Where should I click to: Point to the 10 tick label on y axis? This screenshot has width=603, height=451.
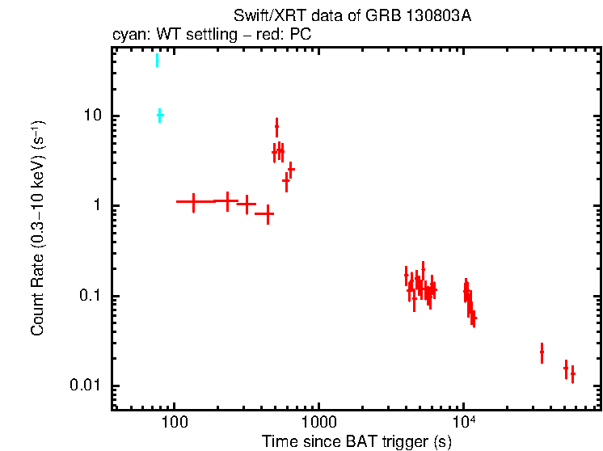(94, 116)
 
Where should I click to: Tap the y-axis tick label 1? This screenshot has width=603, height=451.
(99, 206)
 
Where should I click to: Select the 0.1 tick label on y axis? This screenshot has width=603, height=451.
(91, 297)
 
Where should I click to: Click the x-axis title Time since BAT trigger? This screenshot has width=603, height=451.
(356, 441)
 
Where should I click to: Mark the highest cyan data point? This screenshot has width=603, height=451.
(157, 61)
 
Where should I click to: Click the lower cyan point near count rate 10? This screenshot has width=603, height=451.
(160, 116)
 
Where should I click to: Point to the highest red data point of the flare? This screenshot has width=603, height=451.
(276, 127)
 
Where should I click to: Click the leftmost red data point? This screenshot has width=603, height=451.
(193, 201)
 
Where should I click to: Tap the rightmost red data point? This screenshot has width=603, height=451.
(572, 374)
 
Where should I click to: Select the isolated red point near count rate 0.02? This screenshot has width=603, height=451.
(542, 352)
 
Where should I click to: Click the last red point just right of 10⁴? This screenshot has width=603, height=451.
(474, 318)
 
